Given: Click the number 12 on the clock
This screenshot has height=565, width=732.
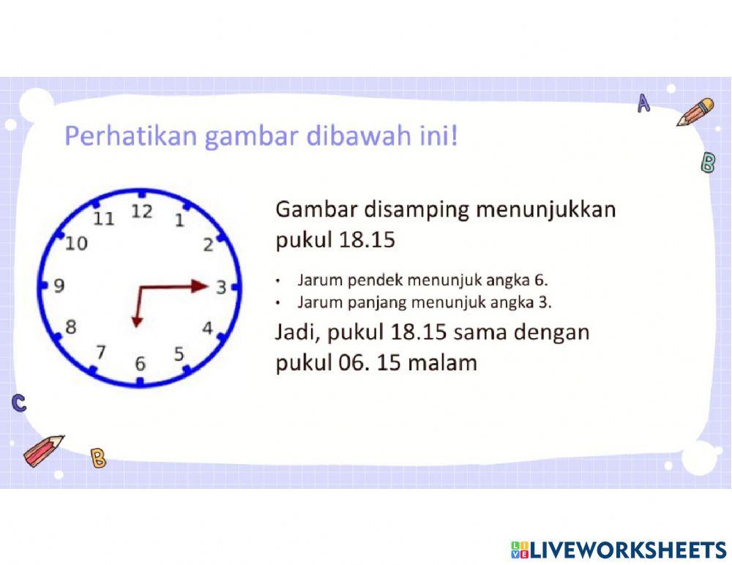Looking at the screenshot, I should point(141,212).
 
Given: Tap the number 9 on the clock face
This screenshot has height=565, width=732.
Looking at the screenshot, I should point(59,286).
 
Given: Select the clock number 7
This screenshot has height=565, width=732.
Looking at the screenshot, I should point(101,352).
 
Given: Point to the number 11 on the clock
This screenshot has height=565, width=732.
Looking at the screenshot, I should point(104,218).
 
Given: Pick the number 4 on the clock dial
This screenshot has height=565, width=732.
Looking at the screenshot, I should point(207,328).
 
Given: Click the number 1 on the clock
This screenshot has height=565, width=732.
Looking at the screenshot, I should point(179,220).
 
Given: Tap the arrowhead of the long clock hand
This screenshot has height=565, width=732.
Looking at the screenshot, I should point(200,286).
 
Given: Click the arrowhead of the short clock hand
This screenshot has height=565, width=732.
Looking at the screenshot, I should point(136,320).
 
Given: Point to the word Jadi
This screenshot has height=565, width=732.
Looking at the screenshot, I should point(297,332).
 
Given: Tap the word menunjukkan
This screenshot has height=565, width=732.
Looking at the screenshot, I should point(546,210).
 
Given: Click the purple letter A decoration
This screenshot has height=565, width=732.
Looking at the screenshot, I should point(643,104).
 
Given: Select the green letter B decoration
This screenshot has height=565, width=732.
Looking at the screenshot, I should point(708,162).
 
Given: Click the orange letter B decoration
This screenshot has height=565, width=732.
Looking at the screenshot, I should point(98,458).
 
